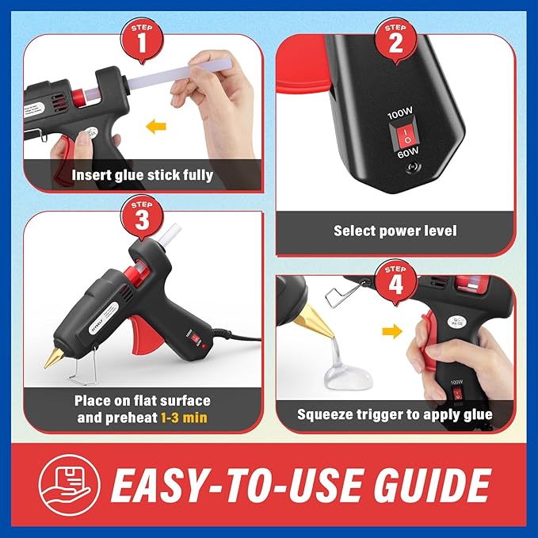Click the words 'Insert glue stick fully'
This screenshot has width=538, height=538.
coord(143,175)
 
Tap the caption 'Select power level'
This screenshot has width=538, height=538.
coord(395,231)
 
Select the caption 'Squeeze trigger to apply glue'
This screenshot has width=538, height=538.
coord(395,414)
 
